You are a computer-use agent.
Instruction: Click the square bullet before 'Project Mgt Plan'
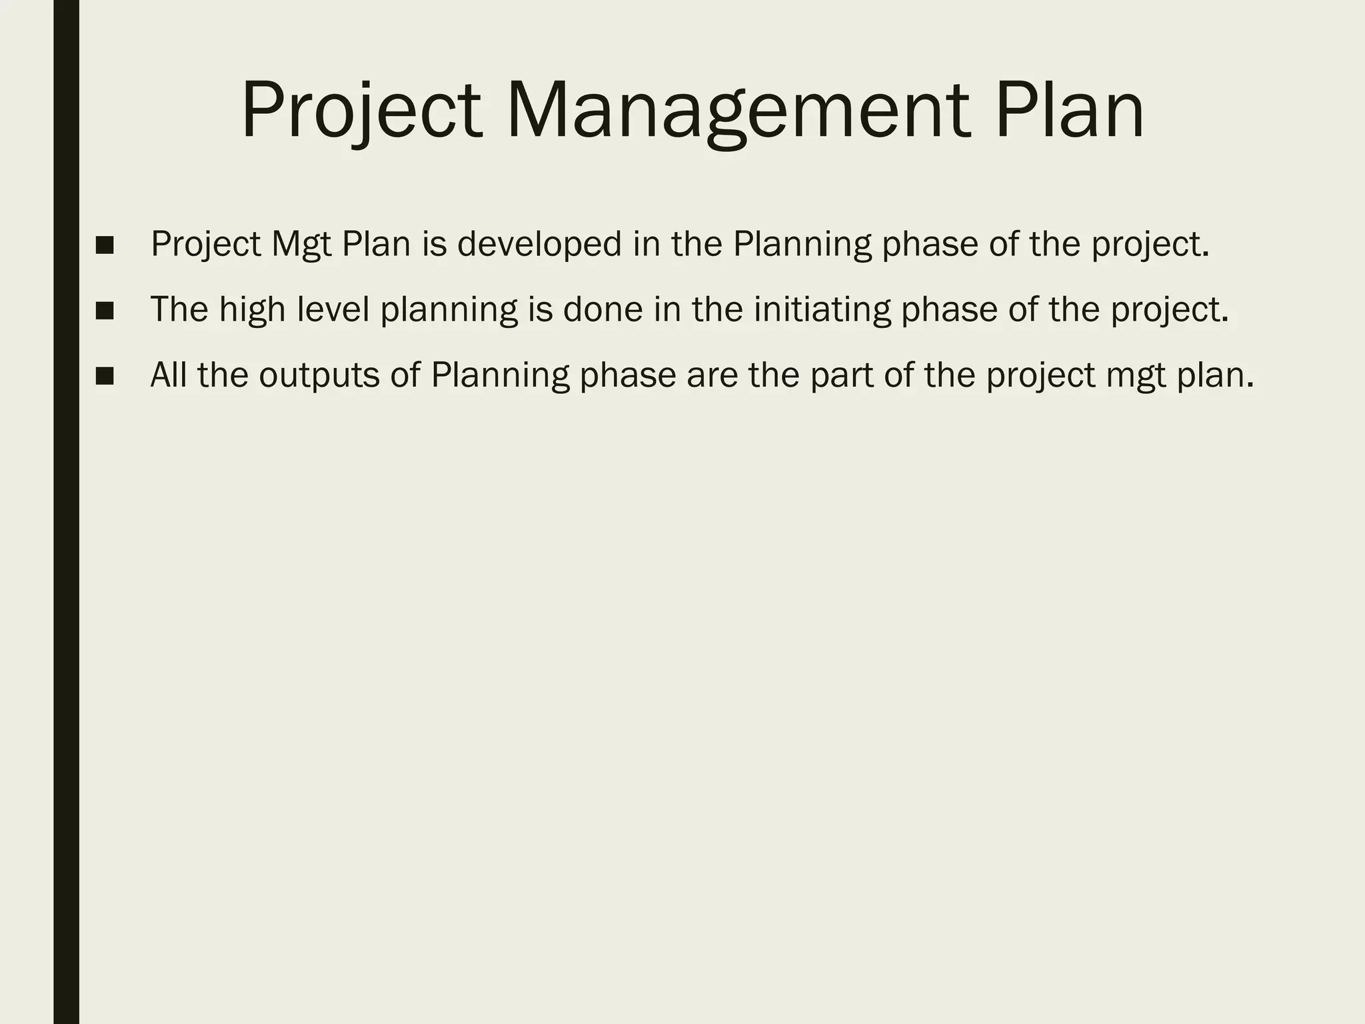105,245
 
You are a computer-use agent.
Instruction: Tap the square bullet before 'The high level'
105,311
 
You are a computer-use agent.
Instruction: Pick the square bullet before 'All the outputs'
105,376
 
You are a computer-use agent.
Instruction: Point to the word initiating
821,309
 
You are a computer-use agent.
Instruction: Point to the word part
841,375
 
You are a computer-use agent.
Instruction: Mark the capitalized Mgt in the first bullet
301,244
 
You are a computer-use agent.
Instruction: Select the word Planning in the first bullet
802,244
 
